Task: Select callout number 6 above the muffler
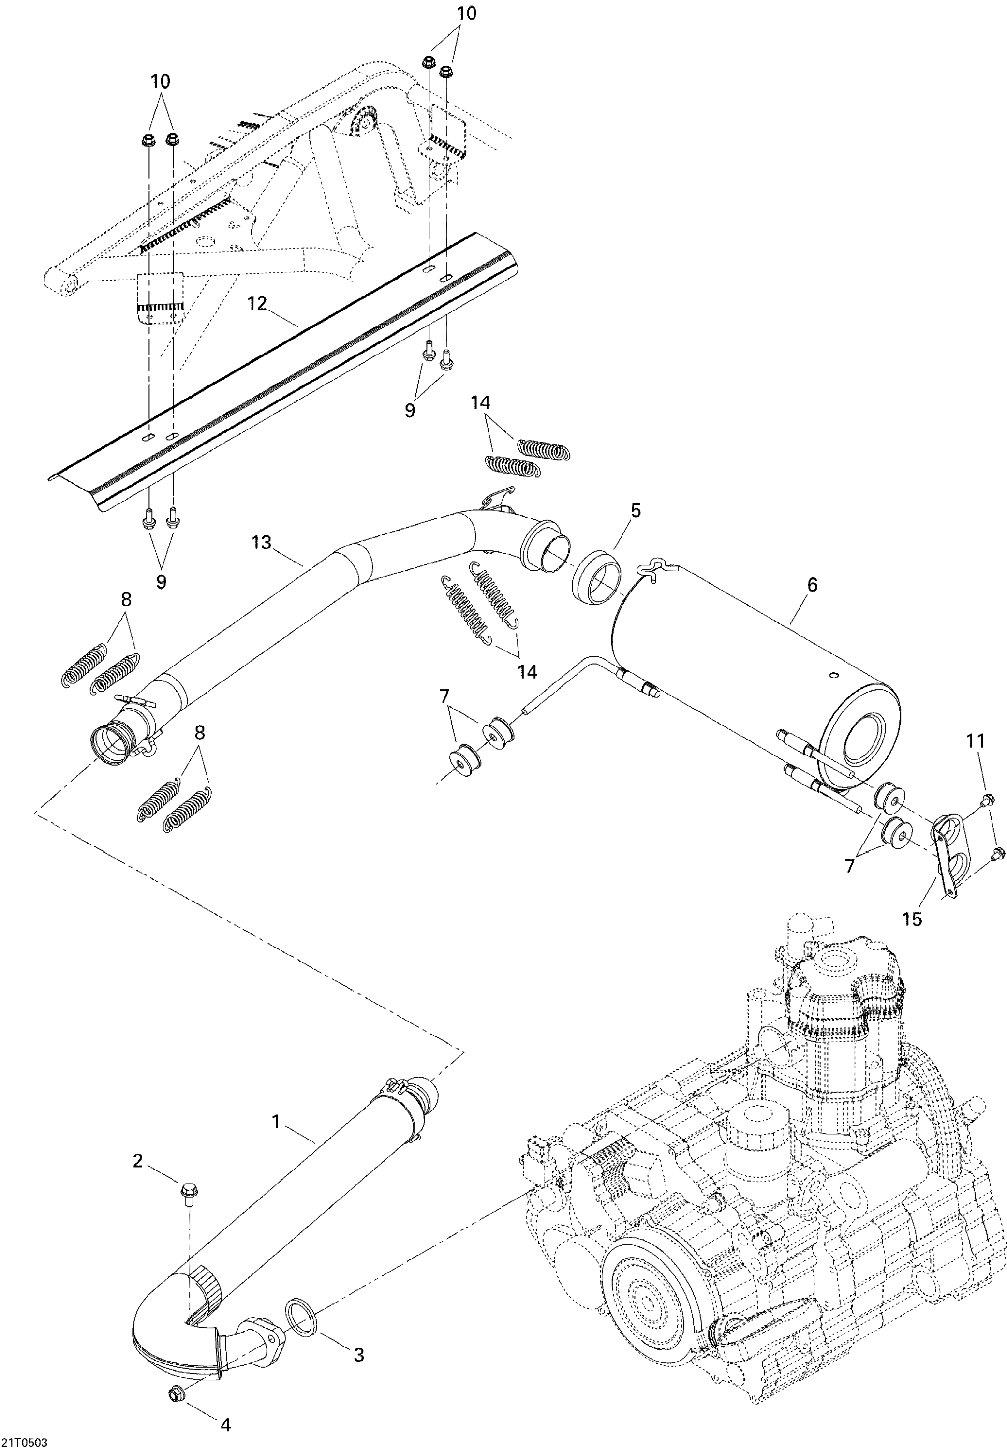click(812, 585)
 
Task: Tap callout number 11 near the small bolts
click(976, 741)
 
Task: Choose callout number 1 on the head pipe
click(276, 1121)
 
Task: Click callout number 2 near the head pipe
click(137, 1161)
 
